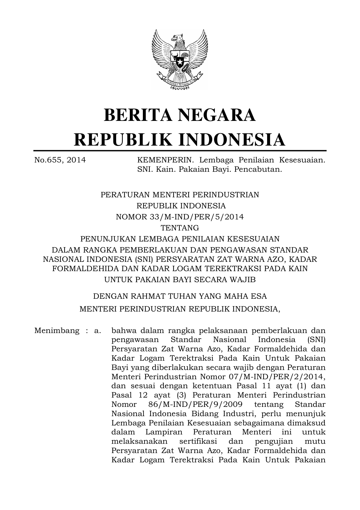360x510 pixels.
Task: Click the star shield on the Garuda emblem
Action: [x=180, y=62]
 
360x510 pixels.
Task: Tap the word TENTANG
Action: [x=180, y=228]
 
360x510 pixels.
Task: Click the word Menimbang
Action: [x=57, y=330]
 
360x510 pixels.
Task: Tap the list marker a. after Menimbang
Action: [x=97, y=330]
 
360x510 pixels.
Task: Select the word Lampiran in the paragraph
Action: [x=164, y=432]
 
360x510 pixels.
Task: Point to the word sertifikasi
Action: [x=198, y=441]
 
